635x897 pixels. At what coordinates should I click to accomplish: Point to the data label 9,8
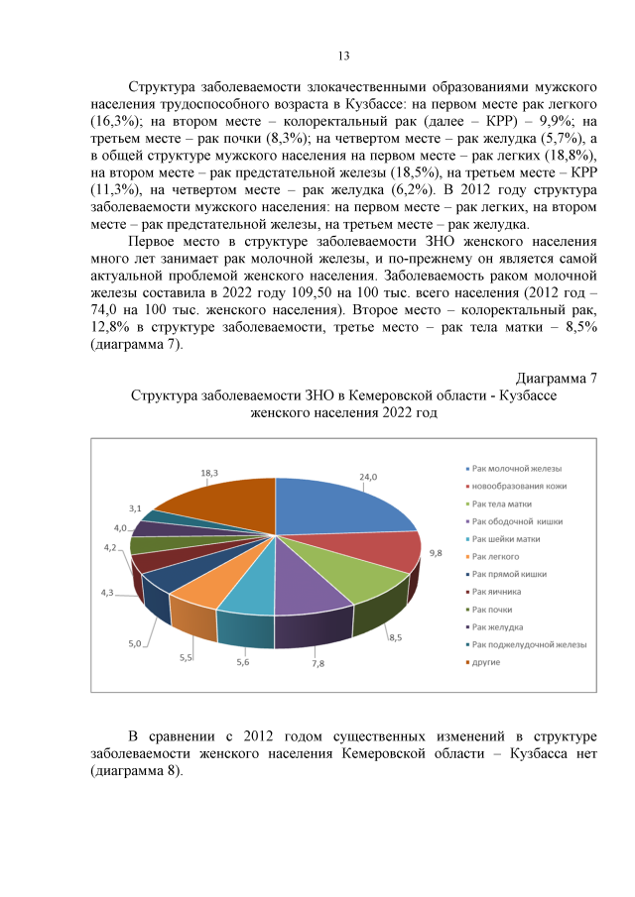click(x=435, y=551)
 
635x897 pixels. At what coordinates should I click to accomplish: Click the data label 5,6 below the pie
click(x=243, y=662)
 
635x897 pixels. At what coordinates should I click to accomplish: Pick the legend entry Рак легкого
click(x=497, y=556)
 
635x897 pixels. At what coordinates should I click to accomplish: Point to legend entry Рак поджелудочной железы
click(x=529, y=644)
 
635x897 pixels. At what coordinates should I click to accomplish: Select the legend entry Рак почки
click(x=495, y=609)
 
